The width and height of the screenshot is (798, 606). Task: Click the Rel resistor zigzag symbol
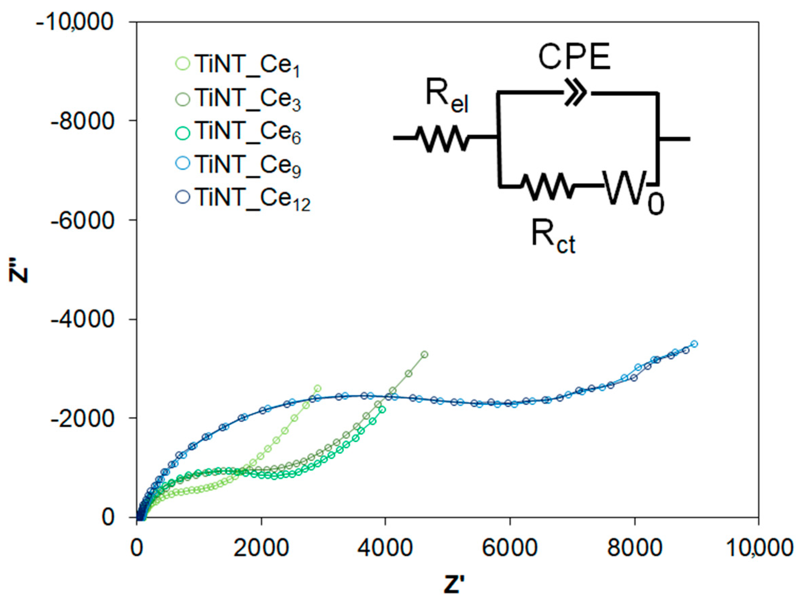pos(443,138)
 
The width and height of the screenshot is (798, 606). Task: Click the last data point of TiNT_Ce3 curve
pos(425,355)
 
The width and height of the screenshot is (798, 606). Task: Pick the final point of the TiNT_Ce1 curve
pos(318,388)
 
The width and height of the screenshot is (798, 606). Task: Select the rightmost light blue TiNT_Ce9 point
pos(694,344)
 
